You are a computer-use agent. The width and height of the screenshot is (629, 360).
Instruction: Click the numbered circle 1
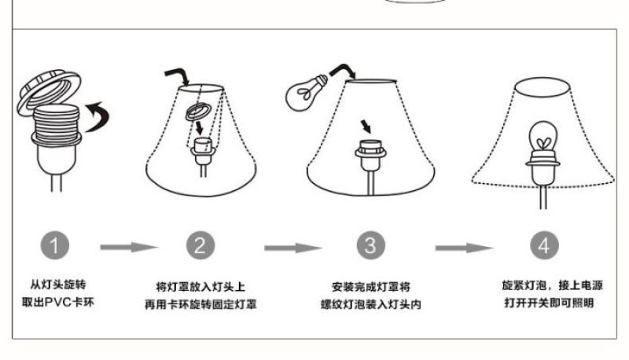(54, 245)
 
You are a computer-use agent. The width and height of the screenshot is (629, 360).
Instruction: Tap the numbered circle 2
(200, 245)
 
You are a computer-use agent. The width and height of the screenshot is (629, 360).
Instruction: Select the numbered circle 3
(370, 245)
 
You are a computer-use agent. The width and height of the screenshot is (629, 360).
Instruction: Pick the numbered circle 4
(544, 245)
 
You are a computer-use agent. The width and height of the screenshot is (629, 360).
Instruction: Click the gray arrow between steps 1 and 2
(129, 248)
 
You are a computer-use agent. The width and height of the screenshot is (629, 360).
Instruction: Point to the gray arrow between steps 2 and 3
(293, 248)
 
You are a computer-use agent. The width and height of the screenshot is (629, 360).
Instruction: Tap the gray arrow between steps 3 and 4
(465, 248)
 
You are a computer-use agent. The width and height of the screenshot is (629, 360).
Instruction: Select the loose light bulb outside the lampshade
(306, 93)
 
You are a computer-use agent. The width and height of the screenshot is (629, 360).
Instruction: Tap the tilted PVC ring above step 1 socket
(49, 92)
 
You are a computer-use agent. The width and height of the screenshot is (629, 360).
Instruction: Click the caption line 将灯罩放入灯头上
(200, 287)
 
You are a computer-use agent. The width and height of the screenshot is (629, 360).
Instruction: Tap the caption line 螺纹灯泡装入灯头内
(370, 304)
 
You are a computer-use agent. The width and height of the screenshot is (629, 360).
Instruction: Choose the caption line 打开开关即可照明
(549, 303)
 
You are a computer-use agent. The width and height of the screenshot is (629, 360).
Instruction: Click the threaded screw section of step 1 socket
(55, 123)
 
